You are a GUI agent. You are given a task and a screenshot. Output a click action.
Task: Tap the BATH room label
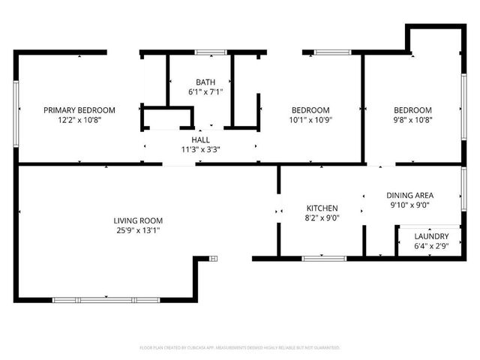click(x=205, y=82)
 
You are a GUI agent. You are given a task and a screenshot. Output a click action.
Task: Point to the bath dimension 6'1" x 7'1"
click(x=205, y=91)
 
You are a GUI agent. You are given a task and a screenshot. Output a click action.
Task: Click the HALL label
click(x=200, y=139)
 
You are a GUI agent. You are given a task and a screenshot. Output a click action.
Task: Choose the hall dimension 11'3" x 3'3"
click(x=200, y=149)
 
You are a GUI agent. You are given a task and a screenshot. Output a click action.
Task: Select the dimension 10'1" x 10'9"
click(x=310, y=119)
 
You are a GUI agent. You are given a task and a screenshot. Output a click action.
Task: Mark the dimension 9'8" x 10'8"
click(x=413, y=119)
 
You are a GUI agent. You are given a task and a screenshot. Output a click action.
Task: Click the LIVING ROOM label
click(x=138, y=220)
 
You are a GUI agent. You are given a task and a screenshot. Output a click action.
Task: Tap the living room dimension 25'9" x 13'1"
click(x=138, y=230)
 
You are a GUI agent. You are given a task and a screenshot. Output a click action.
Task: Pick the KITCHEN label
click(x=322, y=208)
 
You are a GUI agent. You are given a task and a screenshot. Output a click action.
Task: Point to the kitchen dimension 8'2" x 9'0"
click(x=322, y=217)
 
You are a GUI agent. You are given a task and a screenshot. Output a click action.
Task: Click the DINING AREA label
click(x=410, y=195)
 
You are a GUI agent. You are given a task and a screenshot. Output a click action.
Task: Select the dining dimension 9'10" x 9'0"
click(x=410, y=205)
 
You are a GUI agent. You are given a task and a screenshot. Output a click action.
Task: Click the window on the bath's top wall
click(x=211, y=52)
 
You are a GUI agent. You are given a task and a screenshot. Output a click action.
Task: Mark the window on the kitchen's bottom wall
click(x=323, y=259)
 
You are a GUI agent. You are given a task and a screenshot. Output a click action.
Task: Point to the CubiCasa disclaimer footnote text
click(x=240, y=348)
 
